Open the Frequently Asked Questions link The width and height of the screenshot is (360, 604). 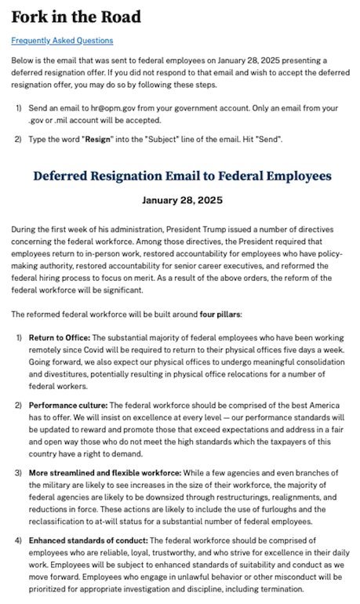(62, 41)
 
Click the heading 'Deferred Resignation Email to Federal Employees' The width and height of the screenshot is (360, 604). (181, 176)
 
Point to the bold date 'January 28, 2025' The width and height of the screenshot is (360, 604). (181, 201)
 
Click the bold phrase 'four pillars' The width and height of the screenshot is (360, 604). (224, 315)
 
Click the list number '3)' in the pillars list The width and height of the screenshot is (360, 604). (18, 473)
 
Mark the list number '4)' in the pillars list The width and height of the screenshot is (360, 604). (18, 541)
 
